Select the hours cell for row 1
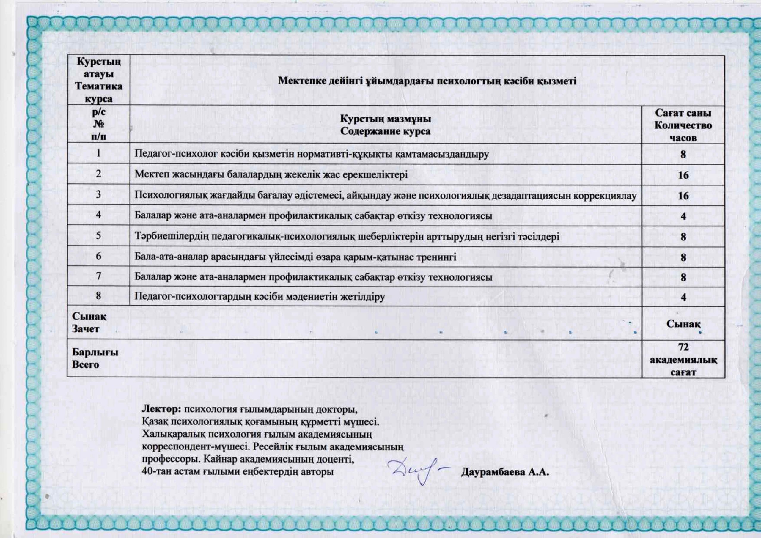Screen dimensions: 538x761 (x=683, y=155)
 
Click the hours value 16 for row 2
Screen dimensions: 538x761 (x=683, y=175)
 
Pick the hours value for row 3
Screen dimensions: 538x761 (x=683, y=196)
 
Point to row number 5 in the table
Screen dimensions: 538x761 (x=98, y=236)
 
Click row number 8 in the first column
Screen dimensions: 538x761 (x=98, y=296)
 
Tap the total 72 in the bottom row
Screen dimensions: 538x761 (x=683, y=347)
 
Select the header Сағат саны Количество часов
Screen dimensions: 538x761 (x=683, y=125)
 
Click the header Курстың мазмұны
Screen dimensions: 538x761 (x=386, y=119)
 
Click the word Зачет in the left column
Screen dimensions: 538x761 (x=86, y=329)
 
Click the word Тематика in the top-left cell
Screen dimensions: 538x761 (x=98, y=86)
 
